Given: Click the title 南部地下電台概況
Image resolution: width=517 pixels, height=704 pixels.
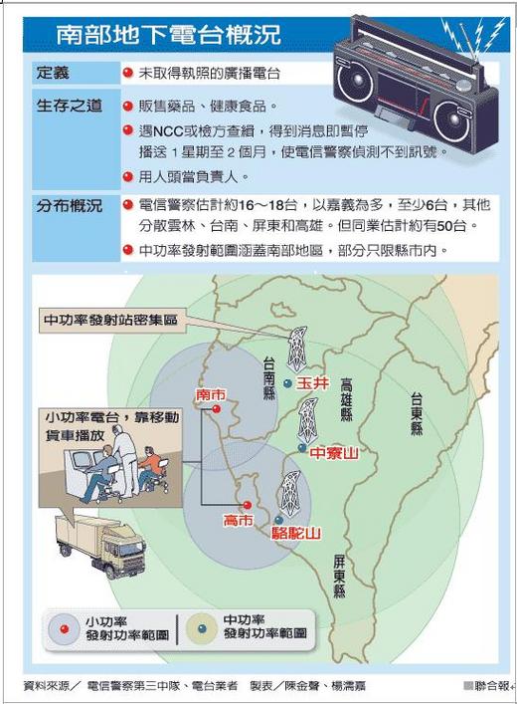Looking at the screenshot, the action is [x=169, y=34].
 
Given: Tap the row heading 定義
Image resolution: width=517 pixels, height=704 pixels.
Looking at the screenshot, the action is [x=53, y=73].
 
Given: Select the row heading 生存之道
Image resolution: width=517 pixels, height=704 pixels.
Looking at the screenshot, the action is [x=69, y=106].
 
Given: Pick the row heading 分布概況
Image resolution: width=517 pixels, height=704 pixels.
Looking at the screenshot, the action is [x=69, y=206].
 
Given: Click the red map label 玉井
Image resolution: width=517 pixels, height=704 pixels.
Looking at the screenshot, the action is [x=312, y=383].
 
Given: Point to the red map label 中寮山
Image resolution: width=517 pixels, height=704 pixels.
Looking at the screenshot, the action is [x=334, y=452].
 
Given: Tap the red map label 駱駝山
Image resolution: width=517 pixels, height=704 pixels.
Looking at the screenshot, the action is [x=296, y=533].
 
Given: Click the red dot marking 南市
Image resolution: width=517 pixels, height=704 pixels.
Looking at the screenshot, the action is [x=217, y=408].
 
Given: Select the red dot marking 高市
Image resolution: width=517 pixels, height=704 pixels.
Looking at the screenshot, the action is [x=247, y=505].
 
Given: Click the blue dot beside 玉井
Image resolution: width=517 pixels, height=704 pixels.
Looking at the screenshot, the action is [x=288, y=383].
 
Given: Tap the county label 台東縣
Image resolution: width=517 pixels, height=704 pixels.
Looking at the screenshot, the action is [x=417, y=413].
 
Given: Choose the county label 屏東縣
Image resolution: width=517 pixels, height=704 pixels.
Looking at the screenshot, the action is [x=339, y=576].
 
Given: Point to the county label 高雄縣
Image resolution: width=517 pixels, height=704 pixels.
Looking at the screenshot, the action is [x=346, y=400].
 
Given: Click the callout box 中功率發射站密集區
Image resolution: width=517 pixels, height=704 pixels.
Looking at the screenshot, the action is [x=112, y=320].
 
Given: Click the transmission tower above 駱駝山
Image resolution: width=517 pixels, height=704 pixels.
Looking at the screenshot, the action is [x=289, y=493].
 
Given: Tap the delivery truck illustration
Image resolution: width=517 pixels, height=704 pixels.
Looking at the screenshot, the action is [x=100, y=545].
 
